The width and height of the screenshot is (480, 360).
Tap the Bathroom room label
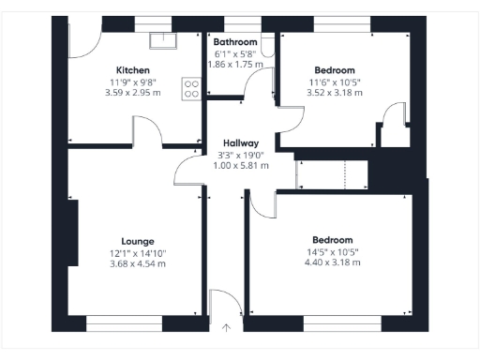point(234,42)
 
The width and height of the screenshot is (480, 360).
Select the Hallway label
point(241,142)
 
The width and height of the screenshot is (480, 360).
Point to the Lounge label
point(138,241)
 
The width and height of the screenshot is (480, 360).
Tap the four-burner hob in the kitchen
point(192,87)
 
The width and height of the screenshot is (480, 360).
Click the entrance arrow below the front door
point(226,328)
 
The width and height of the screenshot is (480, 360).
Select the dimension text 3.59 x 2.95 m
point(133,93)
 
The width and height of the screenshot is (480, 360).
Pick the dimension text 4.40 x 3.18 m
point(333,262)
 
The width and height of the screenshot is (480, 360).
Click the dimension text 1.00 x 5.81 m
point(241,165)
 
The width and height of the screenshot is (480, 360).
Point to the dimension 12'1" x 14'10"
point(138,252)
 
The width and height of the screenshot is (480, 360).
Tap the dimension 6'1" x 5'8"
point(234,53)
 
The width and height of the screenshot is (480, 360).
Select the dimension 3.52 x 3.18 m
point(335,93)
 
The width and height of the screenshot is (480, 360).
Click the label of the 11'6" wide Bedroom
point(335,70)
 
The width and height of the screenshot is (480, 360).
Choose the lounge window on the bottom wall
point(124,323)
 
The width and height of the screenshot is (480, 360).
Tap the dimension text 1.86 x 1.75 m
point(234,64)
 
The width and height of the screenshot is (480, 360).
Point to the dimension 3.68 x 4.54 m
point(138,263)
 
